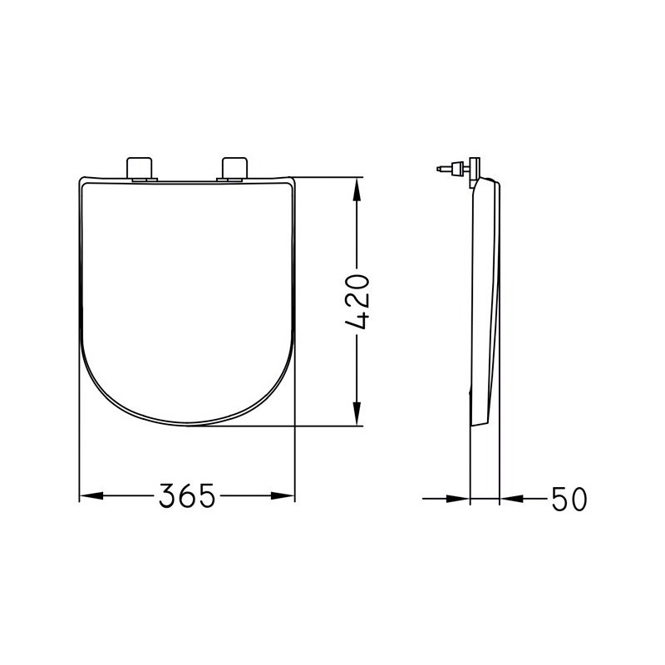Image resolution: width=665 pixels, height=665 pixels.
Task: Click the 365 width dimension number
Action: coord(187,495)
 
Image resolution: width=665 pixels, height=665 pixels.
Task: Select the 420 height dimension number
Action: coord(357,302)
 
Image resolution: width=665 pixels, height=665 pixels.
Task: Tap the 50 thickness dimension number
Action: coord(569,499)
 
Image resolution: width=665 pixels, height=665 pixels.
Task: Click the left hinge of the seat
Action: coord(139,169)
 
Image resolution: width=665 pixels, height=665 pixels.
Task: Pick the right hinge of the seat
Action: coord(234,169)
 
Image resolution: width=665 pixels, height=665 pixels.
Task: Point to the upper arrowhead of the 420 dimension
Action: coord(357,190)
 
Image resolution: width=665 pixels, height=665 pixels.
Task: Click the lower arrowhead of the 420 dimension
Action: coord(357,413)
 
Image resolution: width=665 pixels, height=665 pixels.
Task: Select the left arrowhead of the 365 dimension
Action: coord(91,495)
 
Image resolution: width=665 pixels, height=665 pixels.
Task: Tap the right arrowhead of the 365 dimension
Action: coord(283,495)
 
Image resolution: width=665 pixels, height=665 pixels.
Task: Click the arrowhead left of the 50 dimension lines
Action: coord(459,499)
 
